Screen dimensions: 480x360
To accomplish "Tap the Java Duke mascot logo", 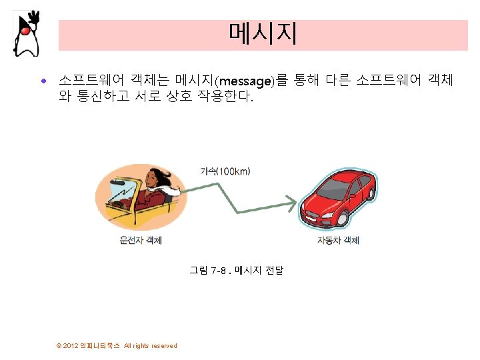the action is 26,33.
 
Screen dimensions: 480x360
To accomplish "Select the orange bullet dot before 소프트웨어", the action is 44,81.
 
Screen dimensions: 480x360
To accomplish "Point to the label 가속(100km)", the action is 225,171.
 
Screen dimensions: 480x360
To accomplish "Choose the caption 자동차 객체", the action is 338,240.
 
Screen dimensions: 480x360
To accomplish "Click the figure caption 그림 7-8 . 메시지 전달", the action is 236,271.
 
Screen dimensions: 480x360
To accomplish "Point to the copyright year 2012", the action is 71,345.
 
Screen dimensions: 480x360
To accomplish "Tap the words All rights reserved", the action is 151,345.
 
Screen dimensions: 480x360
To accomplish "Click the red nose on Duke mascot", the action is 24,29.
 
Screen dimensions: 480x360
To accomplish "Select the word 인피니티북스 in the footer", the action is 101,345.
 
